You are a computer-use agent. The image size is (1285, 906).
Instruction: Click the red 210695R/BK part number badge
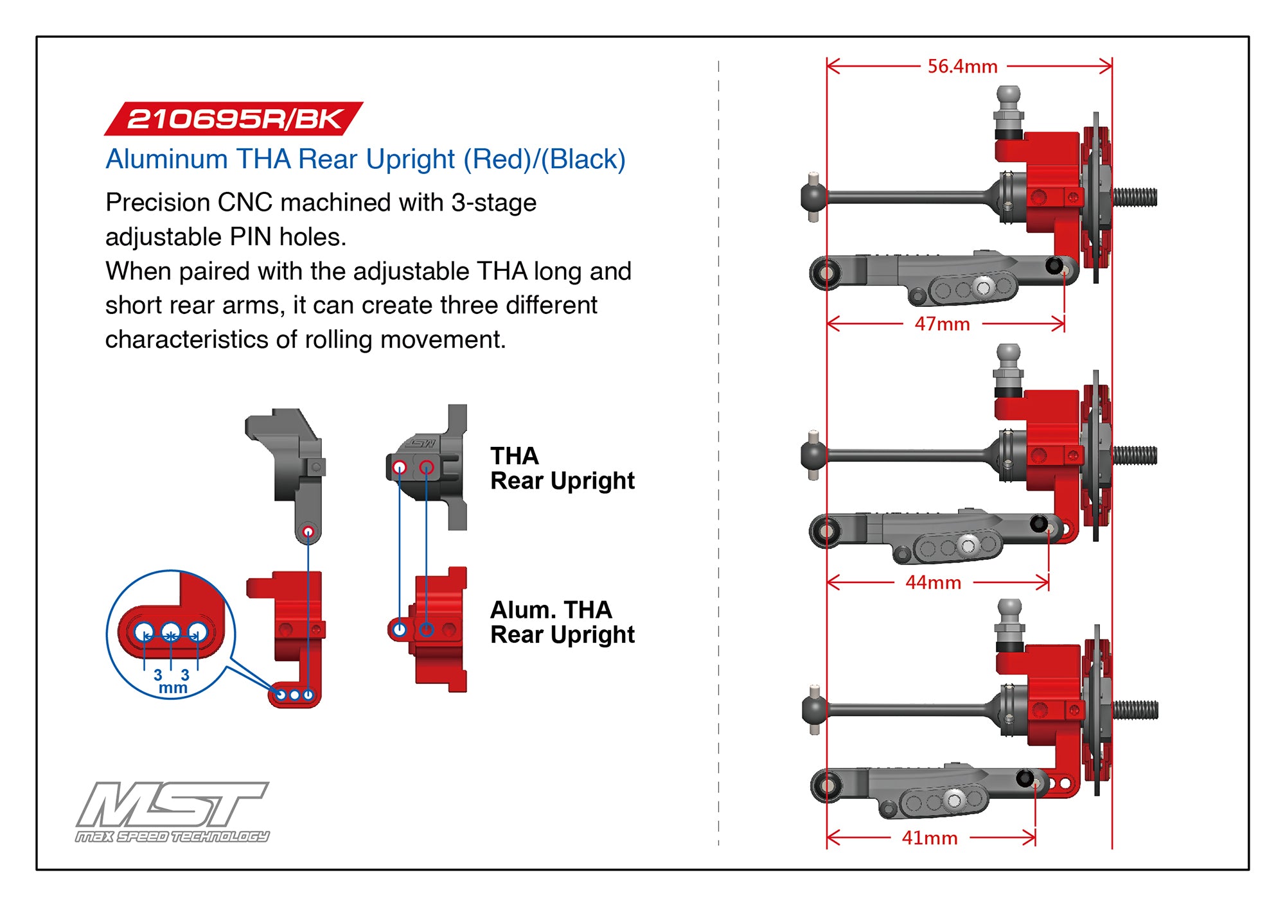click(x=234, y=119)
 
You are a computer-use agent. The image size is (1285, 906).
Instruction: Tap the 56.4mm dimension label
click(x=962, y=66)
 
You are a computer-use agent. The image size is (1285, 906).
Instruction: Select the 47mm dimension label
click(x=942, y=324)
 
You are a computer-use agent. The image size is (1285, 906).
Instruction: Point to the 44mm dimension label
click(x=933, y=582)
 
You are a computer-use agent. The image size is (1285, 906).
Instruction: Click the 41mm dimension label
click(x=929, y=838)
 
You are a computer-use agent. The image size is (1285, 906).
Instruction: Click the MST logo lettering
click(x=172, y=804)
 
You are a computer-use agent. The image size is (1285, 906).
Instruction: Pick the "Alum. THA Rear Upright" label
click(x=562, y=622)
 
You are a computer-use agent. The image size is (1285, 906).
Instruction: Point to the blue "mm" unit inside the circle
click(x=173, y=688)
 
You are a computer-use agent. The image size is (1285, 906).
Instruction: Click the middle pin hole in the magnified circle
click(x=170, y=632)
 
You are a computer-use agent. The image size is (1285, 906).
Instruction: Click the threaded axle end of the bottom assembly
click(x=1135, y=710)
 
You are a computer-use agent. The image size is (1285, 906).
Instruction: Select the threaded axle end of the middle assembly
click(x=1135, y=455)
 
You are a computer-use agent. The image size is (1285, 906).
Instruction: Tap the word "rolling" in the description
click(x=410, y=340)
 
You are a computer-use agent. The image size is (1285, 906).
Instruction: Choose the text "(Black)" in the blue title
click(x=583, y=159)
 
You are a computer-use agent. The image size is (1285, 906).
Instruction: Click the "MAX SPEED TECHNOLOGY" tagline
click(x=172, y=836)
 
